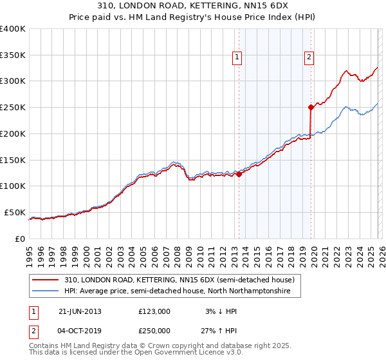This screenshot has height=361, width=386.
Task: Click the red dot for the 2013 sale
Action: (x=239, y=173)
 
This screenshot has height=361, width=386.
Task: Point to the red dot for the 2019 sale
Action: (x=311, y=107)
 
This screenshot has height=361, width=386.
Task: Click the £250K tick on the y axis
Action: (x=13, y=107)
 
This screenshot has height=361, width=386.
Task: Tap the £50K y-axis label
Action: (x=15, y=212)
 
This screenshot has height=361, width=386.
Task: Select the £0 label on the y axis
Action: (x=20, y=239)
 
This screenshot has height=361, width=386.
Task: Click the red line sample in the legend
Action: (x=45, y=280)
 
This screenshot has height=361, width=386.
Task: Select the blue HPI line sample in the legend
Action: (x=45, y=291)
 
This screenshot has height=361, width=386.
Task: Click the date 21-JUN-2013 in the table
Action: (x=80, y=311)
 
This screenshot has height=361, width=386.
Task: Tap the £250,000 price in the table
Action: (x=154, y=330)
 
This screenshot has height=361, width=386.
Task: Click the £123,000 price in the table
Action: (x=154, y=311)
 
